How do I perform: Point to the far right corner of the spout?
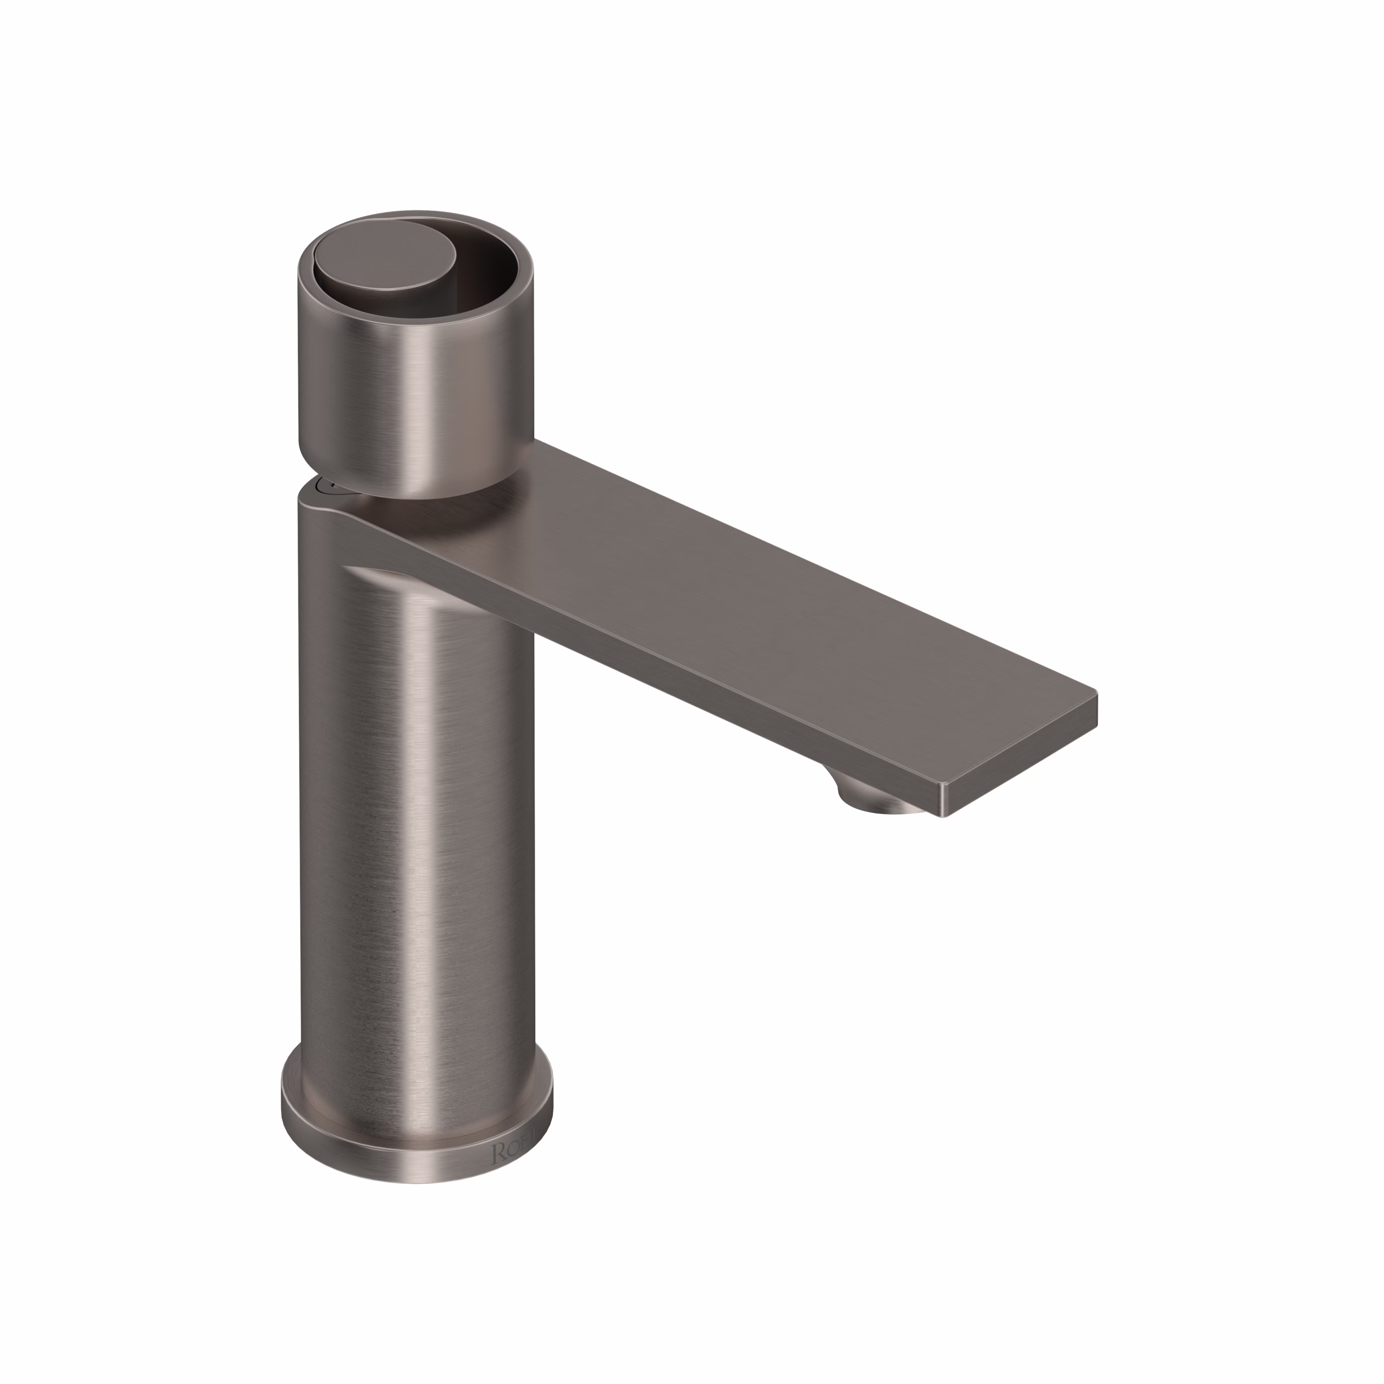(x=1096, y=694)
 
